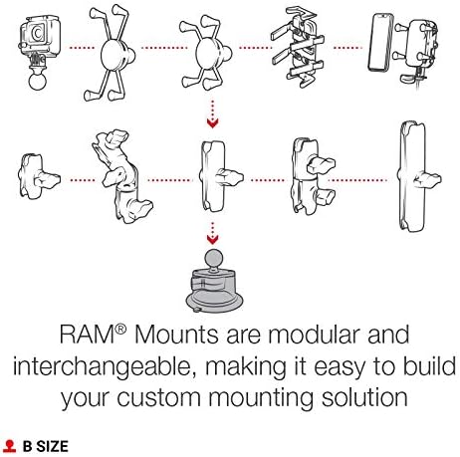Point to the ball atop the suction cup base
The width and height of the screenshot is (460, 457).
[211, 262]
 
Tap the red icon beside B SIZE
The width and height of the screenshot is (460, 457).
[10, 447]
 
